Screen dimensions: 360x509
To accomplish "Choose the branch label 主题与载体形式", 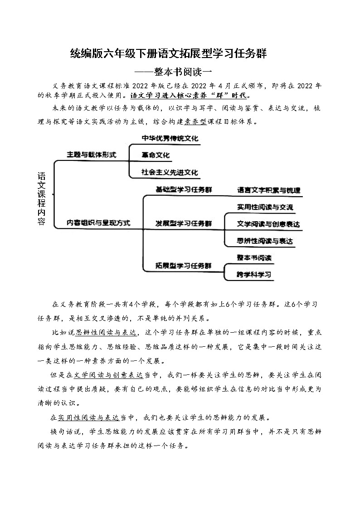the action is [x=91, y=155].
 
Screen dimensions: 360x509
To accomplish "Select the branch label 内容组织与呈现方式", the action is [x=98, y=223].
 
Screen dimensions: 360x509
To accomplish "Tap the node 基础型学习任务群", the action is [x=184, y=189].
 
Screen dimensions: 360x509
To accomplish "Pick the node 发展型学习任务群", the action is [x=184, y=223].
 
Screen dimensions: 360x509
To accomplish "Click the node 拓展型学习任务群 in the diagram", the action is [x=184, y=265].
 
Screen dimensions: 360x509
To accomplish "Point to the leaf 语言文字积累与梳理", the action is [x=268, y=190].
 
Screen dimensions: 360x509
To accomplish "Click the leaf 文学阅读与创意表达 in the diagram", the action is [x=268, y=224].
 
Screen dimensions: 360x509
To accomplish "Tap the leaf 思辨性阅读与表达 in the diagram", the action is [x=265, y=241].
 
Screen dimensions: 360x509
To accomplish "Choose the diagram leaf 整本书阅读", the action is [x=254, y=257].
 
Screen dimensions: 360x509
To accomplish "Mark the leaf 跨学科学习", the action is [x=254, y=275].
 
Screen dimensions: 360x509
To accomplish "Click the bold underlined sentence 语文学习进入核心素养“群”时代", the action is [x=190, y=96].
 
